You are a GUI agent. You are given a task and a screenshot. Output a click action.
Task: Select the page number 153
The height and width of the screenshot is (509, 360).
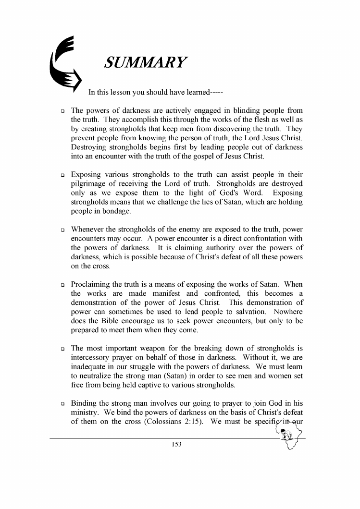(x=176, y=445)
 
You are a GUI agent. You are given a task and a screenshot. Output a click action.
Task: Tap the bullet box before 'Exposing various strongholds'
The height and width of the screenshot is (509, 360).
(x=62, y=175)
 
